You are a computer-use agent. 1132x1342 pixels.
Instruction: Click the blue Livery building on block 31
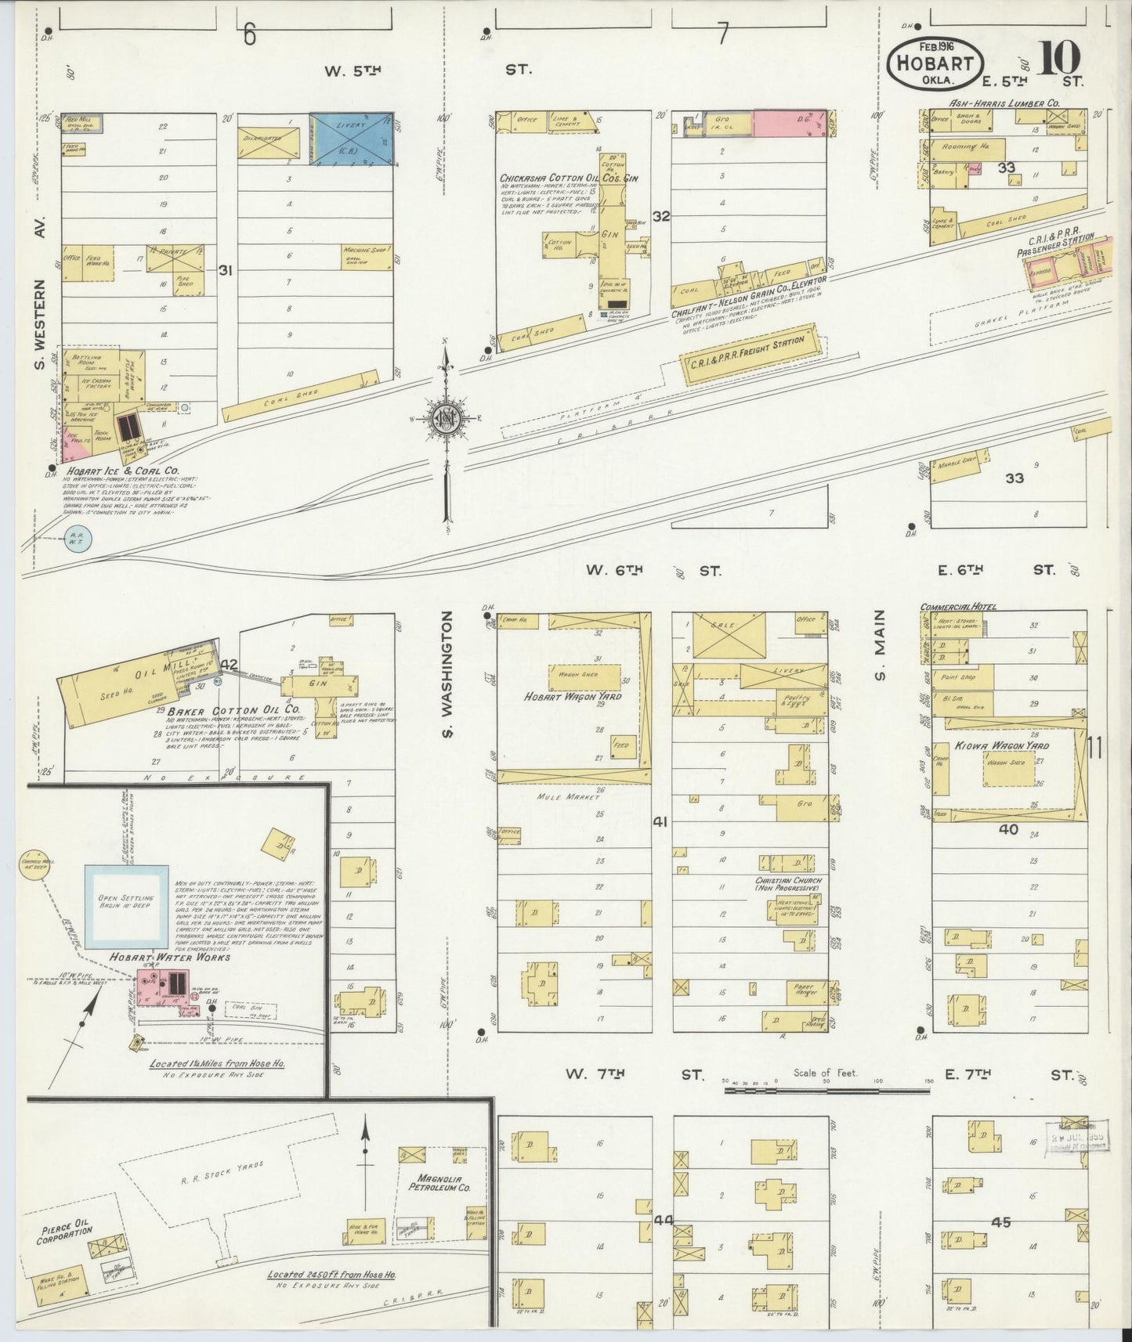click(x=350, y=139)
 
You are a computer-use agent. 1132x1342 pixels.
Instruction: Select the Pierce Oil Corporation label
click(x=64, y=1235)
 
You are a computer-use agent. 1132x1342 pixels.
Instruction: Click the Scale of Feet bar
click(x=826, y=1089)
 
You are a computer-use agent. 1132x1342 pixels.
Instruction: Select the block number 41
click(x=661, y=821)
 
